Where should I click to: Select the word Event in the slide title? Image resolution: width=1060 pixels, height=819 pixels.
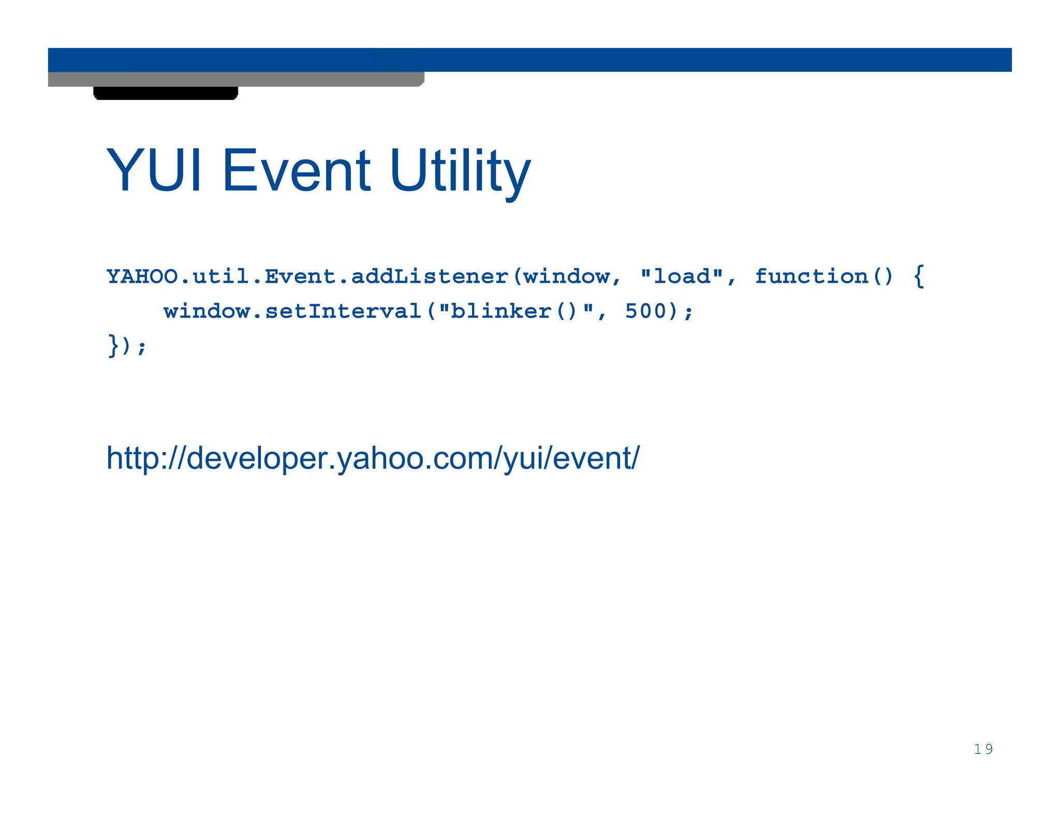[296, 170]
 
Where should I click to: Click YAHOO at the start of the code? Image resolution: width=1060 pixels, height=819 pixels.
[142, 276]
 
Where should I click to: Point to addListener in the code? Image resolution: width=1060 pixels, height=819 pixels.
[430, 276]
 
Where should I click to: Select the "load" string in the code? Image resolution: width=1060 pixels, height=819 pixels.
[682, 276]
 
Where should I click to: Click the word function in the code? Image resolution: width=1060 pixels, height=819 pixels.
[811, 276]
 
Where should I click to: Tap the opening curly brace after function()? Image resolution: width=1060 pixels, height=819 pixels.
[919, 276]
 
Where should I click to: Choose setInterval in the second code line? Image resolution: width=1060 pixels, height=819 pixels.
[344, 311]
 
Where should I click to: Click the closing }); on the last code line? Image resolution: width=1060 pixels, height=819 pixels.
[127, 346]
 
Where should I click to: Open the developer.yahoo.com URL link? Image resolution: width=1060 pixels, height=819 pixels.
[373, 458]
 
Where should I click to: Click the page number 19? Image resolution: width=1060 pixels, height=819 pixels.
[983, 749]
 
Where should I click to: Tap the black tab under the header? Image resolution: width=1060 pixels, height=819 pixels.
[166, 93]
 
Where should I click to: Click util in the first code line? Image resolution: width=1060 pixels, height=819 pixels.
[221, 276]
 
